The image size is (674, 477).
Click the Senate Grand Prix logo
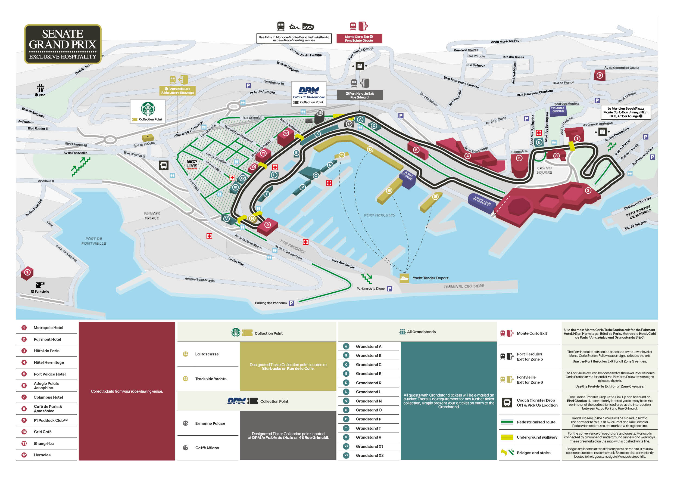[x=63, y=44]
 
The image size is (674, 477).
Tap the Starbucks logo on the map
[x=148, y=109]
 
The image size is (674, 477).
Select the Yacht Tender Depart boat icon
[x=404, y=278]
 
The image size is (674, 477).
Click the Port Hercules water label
[x=379, y=215]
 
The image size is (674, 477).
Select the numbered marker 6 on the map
[x=600, y=75]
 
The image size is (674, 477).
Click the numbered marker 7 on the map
[x=27, y=272]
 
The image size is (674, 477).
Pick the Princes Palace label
[x=152, y=216]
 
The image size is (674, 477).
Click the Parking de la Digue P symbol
[x=389, y=289]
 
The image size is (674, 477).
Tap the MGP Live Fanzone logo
[x=192, y=164]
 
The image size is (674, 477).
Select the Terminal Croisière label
[x=464, y=286]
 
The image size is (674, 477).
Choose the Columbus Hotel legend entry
[x=48, y=397]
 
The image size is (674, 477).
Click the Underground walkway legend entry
[x=537, y=437]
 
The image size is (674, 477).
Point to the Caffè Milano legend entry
[x=207, y=448]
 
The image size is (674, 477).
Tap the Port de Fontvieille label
[x=94, y=241]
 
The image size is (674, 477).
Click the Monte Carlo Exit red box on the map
[x=359, y=38]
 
